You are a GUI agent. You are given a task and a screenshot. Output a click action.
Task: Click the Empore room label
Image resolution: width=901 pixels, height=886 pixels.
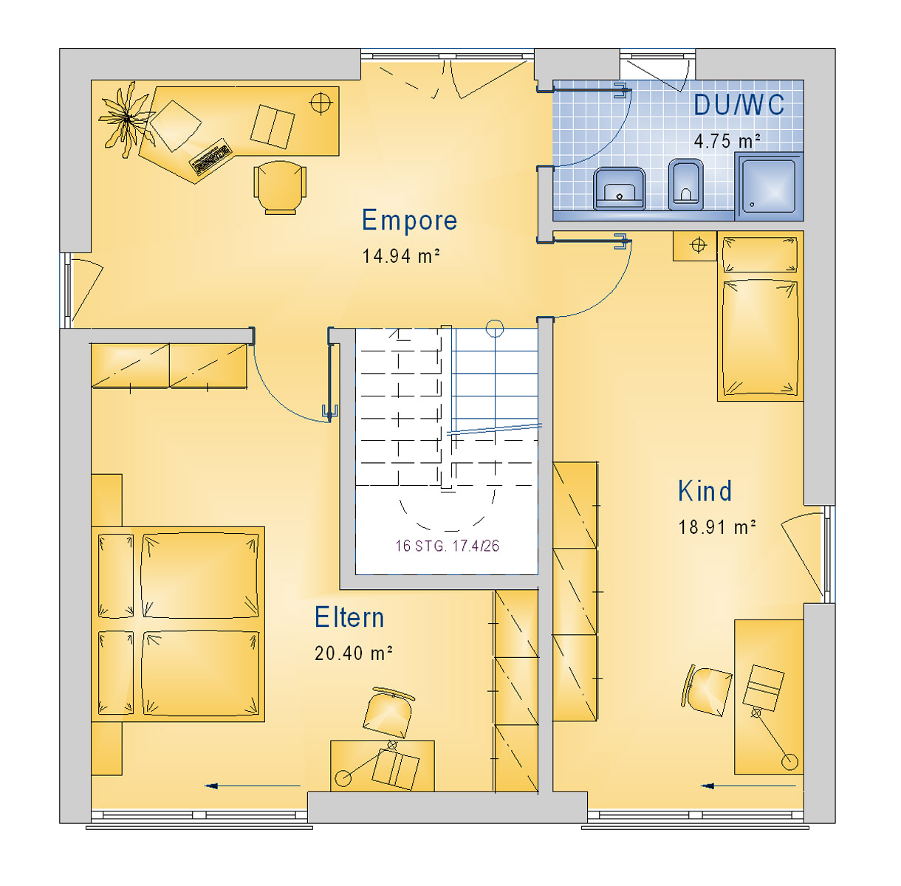click(409, 220)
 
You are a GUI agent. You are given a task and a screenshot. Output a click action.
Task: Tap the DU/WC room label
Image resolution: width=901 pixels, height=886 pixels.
click(739, 105)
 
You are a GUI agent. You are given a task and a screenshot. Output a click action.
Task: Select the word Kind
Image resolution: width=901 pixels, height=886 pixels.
click(705, 491)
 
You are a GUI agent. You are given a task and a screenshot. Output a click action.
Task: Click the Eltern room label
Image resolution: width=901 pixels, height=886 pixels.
click(349, 617)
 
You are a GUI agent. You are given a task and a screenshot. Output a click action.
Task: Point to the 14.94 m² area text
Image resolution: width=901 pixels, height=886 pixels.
click(401, 255)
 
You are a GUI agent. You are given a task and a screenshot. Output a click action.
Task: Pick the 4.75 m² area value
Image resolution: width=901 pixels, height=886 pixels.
click(727, 140)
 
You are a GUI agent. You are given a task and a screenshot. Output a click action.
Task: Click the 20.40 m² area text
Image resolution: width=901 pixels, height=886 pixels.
click(354, 653)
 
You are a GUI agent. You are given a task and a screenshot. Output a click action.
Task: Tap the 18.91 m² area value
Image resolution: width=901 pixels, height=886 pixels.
click(717, 527)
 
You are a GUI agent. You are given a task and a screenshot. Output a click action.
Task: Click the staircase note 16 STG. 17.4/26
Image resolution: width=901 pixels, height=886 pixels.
click(447, 546)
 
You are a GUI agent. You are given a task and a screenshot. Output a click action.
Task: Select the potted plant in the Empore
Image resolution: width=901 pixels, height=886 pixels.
click(126, 119)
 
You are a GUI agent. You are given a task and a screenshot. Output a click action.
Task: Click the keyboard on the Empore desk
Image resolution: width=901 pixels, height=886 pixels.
click(210, 157)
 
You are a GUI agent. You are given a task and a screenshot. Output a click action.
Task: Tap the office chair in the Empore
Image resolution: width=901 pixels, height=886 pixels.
click(280, 187)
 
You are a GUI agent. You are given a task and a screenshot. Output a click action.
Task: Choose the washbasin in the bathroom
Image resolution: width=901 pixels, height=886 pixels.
click(620, 188)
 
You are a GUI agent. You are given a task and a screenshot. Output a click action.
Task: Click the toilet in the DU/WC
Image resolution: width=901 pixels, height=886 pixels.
click(686, 185)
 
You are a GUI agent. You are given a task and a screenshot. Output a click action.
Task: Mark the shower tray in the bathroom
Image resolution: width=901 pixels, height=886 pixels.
click(769, 186)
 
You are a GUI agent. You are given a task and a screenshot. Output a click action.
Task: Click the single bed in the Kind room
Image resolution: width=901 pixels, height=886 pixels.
click(760, 316)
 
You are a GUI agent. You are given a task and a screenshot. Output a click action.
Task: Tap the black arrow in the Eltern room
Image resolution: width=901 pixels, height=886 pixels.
click(253, 786)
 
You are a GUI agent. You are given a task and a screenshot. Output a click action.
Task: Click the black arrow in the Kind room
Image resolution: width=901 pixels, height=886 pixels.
click(748, 786)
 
